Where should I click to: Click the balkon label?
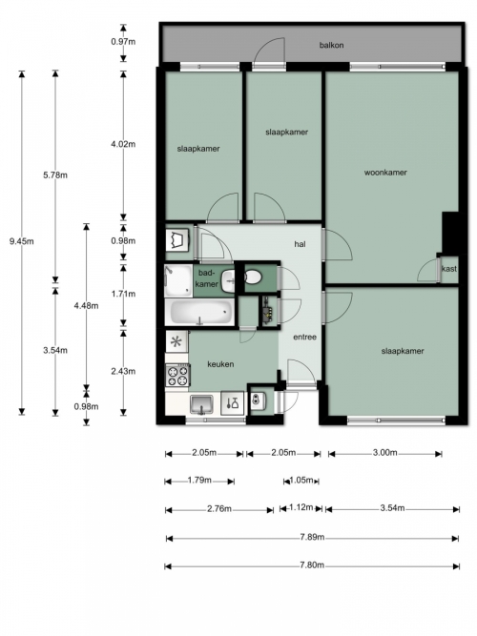pyautogui.click(x=331, y=45)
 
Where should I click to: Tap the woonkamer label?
pyautogui.click(x=385, y=173)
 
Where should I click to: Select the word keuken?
pyautogui.click(x=220, y=364)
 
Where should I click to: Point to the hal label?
pyautogui.click(x=300, y=244)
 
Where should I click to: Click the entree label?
pyautogui.click(x=305, y=337)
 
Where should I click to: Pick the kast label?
pyautogui.click(x=449, y=269)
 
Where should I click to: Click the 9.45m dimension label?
pyautogui.click(x=22, y=241)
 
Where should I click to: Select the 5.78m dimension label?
pyautogui.click(x=55, y=175)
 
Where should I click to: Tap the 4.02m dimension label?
pyautogui.click(x=123, y=144)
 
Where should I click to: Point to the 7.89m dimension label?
pyautogui.click(x=312, y=538)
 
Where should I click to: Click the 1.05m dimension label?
pyautogui.click(x=301, y=481)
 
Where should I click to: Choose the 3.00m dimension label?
pyautogui.click(x=384, y=453)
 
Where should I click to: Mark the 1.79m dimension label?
pyautogui.click(x=199, y=481)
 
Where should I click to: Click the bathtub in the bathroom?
pyautogui.click(x=199, y=313)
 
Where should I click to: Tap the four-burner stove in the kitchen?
pyautogui.click(x=177, y=376)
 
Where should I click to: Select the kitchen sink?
pyautogui.click(x=201, y=404)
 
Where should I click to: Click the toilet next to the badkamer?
pyautogui.click(x=253, y=277)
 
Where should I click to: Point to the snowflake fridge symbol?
pyautogui.click(x=176, y=341)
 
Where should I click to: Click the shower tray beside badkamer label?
pyautogui.click(x=177, y=280)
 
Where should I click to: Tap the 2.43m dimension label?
pyautogui.click(x=123, y=371)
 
